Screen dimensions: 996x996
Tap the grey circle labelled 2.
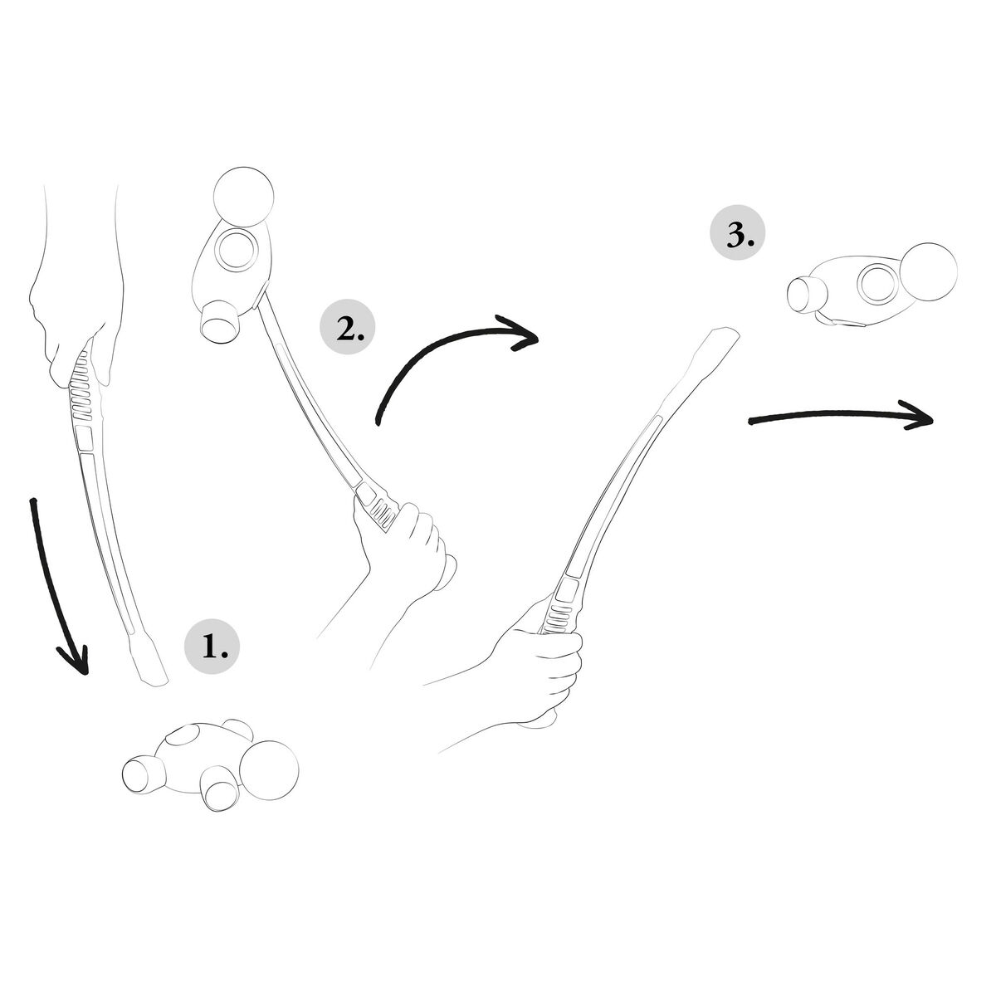coord(347,330)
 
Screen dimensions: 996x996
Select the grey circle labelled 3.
coord(736,237)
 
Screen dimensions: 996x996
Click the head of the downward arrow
coord(76,660)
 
